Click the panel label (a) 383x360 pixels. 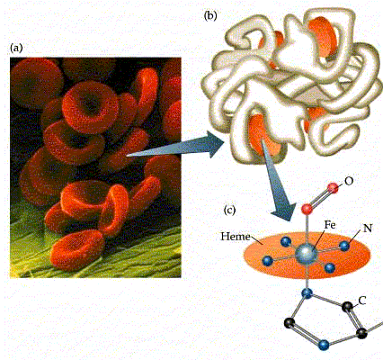(16, 48)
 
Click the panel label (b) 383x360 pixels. (210, 15)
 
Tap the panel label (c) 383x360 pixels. (229, 211)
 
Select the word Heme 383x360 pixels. (236, 237)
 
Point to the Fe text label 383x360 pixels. (330, 225)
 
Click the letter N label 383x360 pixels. (368, 229)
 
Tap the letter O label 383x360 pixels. (349, 182)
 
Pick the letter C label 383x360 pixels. (362, 301)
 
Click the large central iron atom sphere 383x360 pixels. (306, 255)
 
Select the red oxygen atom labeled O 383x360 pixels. (333, 188)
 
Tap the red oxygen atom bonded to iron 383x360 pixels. (307, 209)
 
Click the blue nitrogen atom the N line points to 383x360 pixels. (344, 246)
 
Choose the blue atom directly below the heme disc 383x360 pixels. (307, 293)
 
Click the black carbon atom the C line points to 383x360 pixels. (347, 307)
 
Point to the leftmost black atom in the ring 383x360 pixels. (289, 323)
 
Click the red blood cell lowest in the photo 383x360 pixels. (77, 249)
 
